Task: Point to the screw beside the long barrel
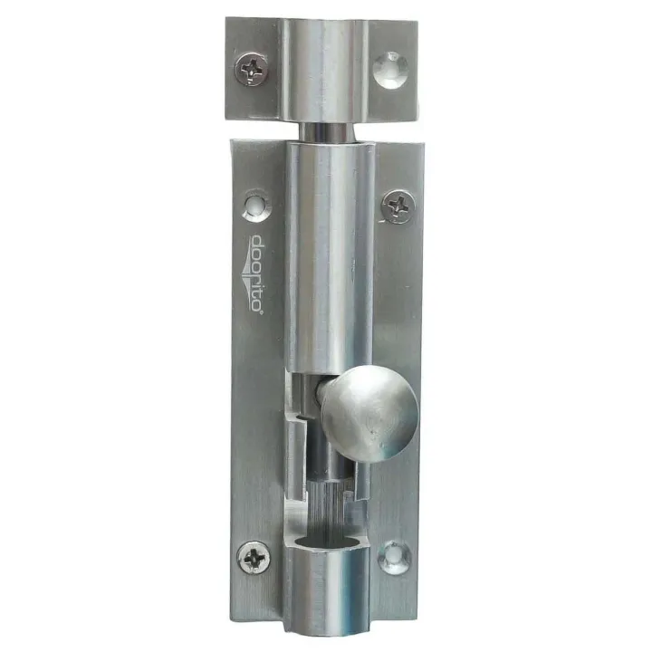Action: pyautogui.click(x=397, y=206)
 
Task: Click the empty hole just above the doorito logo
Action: pyautogui.click(x=257, y=206)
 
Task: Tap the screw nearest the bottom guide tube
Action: pyautogui.click(x=254, y=557)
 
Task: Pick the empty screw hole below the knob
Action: pyautogui.click(x=394, y=556)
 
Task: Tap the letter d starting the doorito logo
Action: pyautogui.click(x=257, y=243)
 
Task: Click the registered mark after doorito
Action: pyautogui.click(x=258, y=313)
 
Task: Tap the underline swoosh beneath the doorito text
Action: pyautogui.click(x=247, y=275)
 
